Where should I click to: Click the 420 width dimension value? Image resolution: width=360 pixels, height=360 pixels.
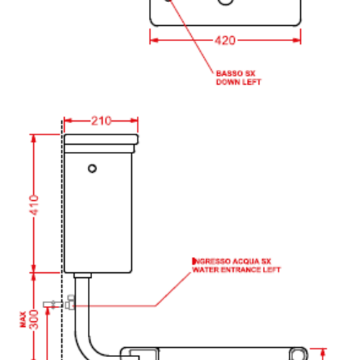click(225, 40)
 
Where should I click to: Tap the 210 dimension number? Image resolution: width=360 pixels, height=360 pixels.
click(102, 121)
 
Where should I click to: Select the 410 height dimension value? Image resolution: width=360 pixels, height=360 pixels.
click(34, 205)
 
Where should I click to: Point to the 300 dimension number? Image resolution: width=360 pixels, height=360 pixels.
click(34, 320)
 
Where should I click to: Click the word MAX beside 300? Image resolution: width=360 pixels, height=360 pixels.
click(23, 320)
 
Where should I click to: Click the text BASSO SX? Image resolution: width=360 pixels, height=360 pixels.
click(235, 73)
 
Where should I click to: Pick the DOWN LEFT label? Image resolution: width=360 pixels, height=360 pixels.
click(238, 82)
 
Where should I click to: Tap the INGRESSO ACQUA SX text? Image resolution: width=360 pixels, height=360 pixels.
click(232, 261)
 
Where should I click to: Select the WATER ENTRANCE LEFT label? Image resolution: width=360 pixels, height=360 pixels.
click(236, 270)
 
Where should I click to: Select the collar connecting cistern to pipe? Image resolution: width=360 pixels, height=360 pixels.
click(83, 275)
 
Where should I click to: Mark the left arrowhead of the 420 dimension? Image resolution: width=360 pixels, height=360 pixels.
click(154, 40)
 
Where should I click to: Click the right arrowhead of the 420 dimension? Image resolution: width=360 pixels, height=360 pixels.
click(297, 40)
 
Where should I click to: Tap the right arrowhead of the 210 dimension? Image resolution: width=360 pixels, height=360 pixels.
click(134, 120)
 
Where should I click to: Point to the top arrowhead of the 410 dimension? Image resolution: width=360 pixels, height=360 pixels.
click(34, 139)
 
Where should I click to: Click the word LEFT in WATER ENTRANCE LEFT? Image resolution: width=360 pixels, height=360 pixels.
click(271, 270)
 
